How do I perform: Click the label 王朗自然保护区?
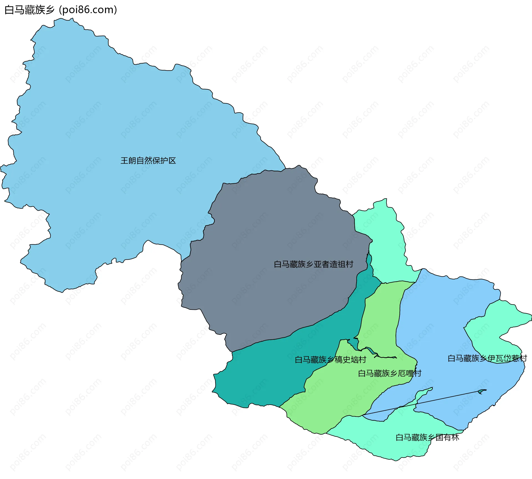[x=148, y=161]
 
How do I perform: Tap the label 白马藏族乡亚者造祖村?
[x=313, y=264]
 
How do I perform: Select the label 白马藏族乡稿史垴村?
[x=330, y=360]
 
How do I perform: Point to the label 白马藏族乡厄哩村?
[x=389, y=373]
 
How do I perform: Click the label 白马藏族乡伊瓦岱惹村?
[x=487, y=358]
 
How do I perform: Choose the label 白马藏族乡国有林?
[x=427, y=437]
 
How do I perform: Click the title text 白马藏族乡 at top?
[x=29, y=10]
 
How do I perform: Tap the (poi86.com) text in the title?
[x=88, y=10]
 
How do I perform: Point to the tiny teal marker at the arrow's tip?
[x=482, y=391]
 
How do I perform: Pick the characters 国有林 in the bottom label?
[x=447, y=437]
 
